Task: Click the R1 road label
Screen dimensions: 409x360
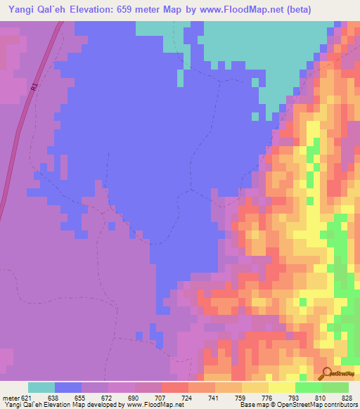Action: tap(34, 88)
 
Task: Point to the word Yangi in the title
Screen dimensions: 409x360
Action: tap(24, 9)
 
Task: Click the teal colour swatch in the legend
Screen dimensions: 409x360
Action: tap(41, 387)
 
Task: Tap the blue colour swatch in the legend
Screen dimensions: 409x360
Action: tap(68, 387)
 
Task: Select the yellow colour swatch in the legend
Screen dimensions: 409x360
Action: tap(282, 387)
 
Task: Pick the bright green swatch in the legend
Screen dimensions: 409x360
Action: tap(309, 387)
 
